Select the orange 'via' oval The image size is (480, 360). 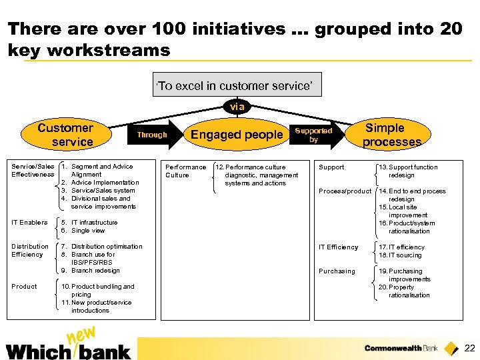237,106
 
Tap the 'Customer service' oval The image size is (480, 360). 66,135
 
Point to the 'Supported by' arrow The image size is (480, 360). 315,135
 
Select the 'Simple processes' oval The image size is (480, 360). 391,135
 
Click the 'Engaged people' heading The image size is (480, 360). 237,135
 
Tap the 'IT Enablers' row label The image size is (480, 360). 29,223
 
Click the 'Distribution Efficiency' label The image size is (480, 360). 30,251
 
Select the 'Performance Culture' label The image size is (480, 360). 186,171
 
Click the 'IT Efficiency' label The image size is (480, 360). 338,247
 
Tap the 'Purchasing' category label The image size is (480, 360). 337,271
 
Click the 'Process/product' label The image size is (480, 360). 345,191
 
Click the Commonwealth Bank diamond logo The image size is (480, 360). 451,348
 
